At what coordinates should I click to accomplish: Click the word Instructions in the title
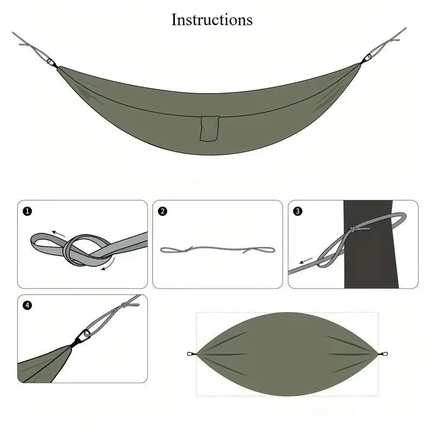(x=212, y=19)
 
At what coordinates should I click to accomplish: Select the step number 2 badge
(x=162, y=211)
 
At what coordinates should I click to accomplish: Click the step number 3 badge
(x=298, y=211)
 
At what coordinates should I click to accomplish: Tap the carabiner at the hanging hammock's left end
(x=53, y=63)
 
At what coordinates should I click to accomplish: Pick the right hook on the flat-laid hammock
(x=383, y=355)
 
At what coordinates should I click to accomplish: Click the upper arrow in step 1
(x=59, y=234)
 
